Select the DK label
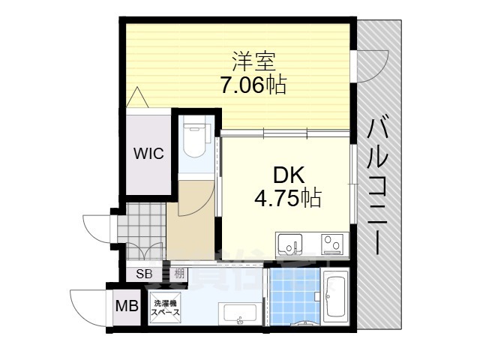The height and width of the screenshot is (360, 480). pos(288,175)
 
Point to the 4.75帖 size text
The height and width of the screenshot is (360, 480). pos(288,198)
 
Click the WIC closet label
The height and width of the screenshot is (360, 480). pos(148,154)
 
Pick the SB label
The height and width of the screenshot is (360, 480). pos(144,274)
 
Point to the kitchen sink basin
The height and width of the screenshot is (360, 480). pos(289,244)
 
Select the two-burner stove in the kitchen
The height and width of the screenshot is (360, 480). pos(331,243)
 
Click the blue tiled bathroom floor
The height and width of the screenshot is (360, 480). pos(294,296)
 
